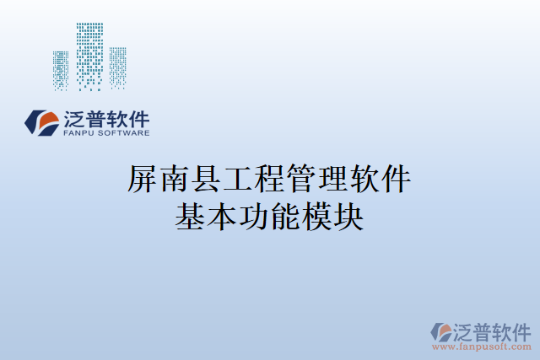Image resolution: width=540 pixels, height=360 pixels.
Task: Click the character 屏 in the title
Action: (142, 180)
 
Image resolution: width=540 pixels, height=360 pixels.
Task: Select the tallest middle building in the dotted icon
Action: (89, 54)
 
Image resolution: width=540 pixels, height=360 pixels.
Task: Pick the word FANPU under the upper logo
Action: (79, 133)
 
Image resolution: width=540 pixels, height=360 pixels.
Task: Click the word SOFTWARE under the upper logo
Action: (124, 133)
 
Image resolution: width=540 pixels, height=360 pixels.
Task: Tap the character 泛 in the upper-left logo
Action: (74, 118)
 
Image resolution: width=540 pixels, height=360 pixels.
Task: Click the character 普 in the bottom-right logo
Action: (484, 330)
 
